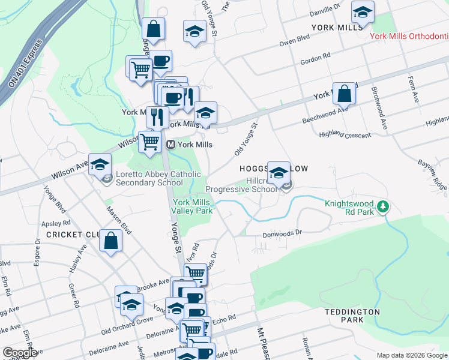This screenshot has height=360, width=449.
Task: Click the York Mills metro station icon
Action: pos(171,145)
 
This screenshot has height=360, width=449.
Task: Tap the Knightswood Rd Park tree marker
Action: pos(382,208)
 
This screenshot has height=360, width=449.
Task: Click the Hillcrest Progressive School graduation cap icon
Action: pos(279,173)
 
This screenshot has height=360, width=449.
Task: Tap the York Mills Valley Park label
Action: pos(192,206)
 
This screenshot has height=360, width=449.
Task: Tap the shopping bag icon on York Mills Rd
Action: pos(344,94)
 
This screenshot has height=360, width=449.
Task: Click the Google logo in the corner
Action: pos(20,353)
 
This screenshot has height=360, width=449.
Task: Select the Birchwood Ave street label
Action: pos(379,107)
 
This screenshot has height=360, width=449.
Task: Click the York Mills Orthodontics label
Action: pos(409,36)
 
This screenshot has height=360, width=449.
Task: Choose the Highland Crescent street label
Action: pos(345,135)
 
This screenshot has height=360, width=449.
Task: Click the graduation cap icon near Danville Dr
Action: pos(363,12)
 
